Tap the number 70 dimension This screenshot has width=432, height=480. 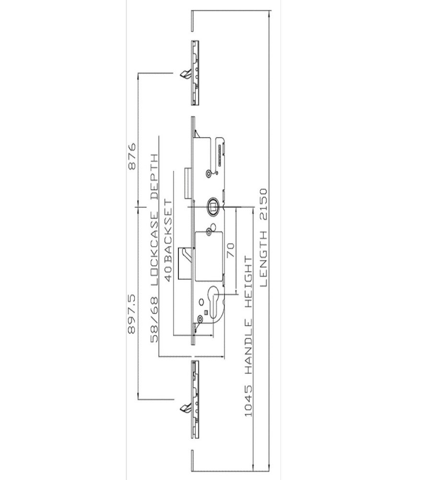(231, 249)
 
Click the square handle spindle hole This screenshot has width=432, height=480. (212, 206)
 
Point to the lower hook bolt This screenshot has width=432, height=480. (185, 408)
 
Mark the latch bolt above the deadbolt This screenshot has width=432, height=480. (187, 183)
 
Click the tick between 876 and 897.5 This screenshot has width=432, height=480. (138, 206)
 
